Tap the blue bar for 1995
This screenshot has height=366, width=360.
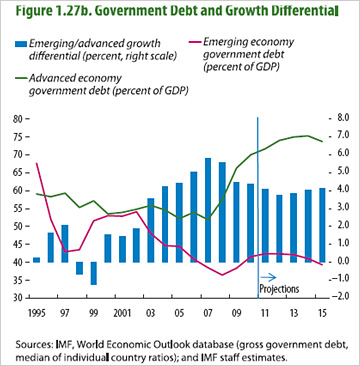(x=37, y=260)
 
